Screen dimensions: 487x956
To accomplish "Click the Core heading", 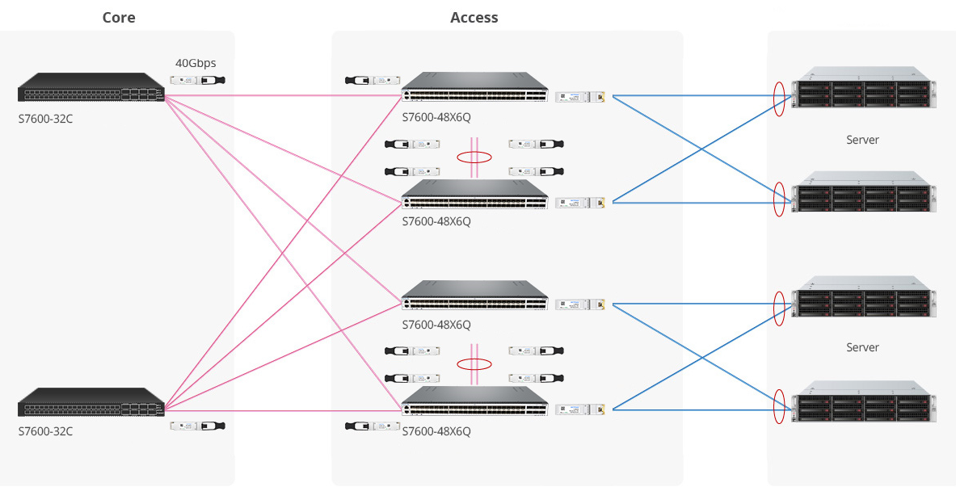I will click(118, 18).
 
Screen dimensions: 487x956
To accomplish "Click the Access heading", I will click(474, 18).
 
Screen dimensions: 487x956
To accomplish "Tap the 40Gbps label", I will click(196, 62).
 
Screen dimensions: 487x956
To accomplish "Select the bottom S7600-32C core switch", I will click(91, 402).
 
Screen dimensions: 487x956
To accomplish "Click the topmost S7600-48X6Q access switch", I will click(475, 87).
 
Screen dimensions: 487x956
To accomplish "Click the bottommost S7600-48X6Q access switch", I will click(475, 401).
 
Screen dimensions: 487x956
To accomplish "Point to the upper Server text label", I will click(862, 140).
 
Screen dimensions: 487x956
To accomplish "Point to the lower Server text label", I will click(862, 347).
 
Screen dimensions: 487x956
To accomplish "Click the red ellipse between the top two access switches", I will click(474, 157).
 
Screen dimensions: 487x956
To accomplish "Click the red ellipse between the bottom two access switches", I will click(474, 364).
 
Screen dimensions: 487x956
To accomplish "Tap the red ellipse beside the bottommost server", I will click(779, 406).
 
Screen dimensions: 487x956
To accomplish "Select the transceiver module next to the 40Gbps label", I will click(197, 80).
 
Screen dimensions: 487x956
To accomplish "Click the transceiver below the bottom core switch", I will click(197, 426).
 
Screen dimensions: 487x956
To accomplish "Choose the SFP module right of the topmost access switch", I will click(580, 97).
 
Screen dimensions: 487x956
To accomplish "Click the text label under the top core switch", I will click(45, 119).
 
